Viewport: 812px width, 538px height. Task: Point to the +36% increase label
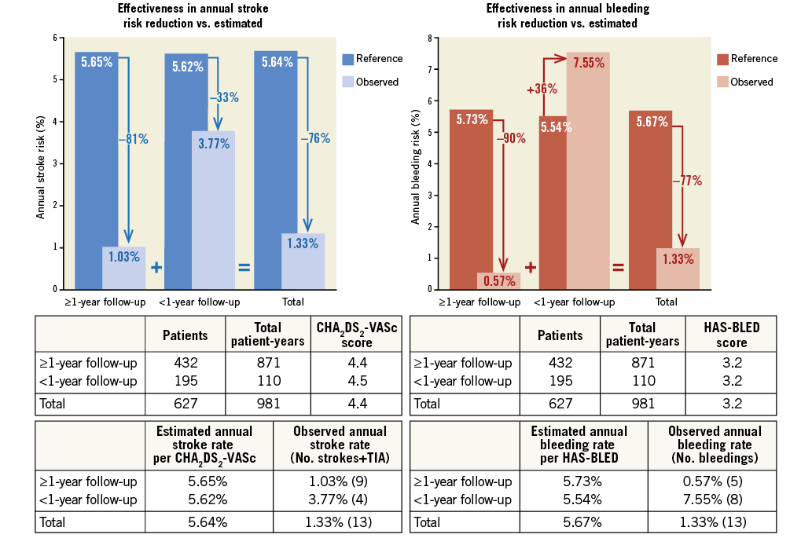pos(542,89)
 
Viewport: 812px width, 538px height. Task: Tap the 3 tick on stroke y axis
pos(55,163)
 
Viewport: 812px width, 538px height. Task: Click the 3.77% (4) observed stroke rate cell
pos(340,499)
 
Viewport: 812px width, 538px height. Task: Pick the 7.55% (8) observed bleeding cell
pos(715,499)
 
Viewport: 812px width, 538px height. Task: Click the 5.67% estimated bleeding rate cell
pos(579,521)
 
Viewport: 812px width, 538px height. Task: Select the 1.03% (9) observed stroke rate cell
pos(340,481)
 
